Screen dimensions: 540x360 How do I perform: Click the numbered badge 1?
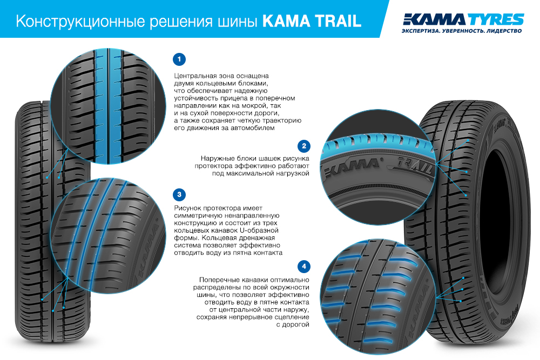(179, 59)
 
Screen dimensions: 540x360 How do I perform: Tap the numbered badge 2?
(303, 146)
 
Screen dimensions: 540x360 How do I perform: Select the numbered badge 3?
(179, 194)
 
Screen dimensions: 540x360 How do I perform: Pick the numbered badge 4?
(303, 266)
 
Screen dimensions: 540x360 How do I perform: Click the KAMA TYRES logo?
(463, 19)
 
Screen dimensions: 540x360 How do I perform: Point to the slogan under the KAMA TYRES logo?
(462, 31)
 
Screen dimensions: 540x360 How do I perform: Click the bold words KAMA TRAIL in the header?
(312, 21)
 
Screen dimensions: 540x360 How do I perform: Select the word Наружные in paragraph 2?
(217, 158)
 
